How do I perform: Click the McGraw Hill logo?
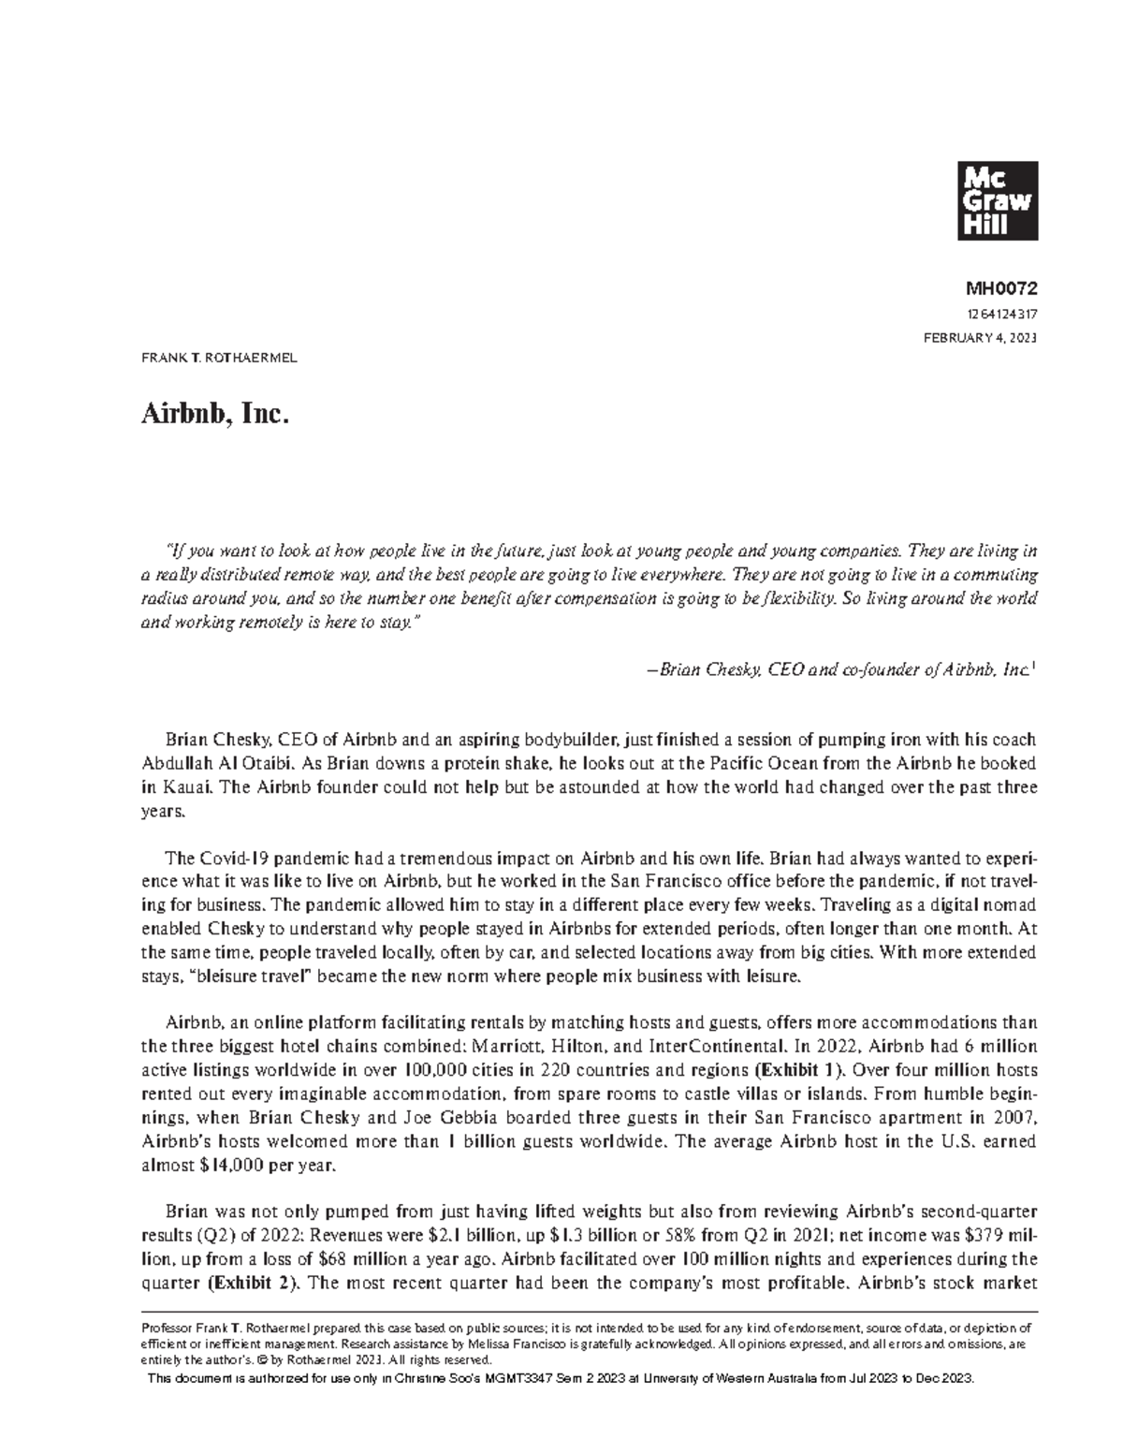995,199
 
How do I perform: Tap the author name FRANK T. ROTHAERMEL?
219,359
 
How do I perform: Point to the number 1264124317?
1000,316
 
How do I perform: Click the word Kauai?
186,787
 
